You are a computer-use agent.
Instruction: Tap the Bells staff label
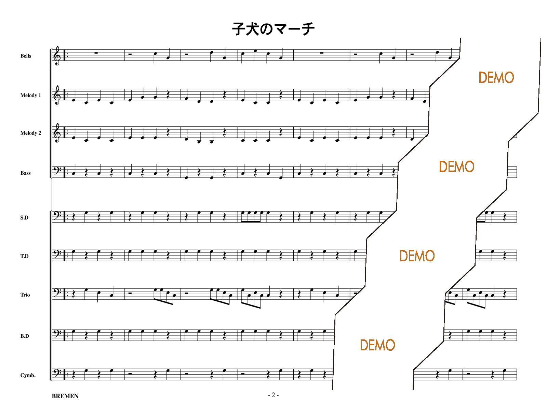point(26,56)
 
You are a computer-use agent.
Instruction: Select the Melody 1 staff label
point(30,95)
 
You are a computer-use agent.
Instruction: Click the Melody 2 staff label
point(30,133)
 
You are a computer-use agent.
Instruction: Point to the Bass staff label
point(25,173)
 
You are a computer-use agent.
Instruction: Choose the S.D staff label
point(24,217)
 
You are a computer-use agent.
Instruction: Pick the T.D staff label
point(24,256)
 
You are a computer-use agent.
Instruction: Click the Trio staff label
point(25,295)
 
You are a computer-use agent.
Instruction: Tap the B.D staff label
point(24,336)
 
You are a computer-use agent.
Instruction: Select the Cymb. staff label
point(28,375)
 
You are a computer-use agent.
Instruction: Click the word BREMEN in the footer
point(65,396)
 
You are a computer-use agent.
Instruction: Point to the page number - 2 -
point(273,395)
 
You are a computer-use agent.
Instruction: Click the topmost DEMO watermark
point(496,78)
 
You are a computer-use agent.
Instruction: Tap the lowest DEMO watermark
point(377,345)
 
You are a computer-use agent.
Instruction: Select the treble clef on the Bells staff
point(57,56)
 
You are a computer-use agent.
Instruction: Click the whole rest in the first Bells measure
point(96,53)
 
